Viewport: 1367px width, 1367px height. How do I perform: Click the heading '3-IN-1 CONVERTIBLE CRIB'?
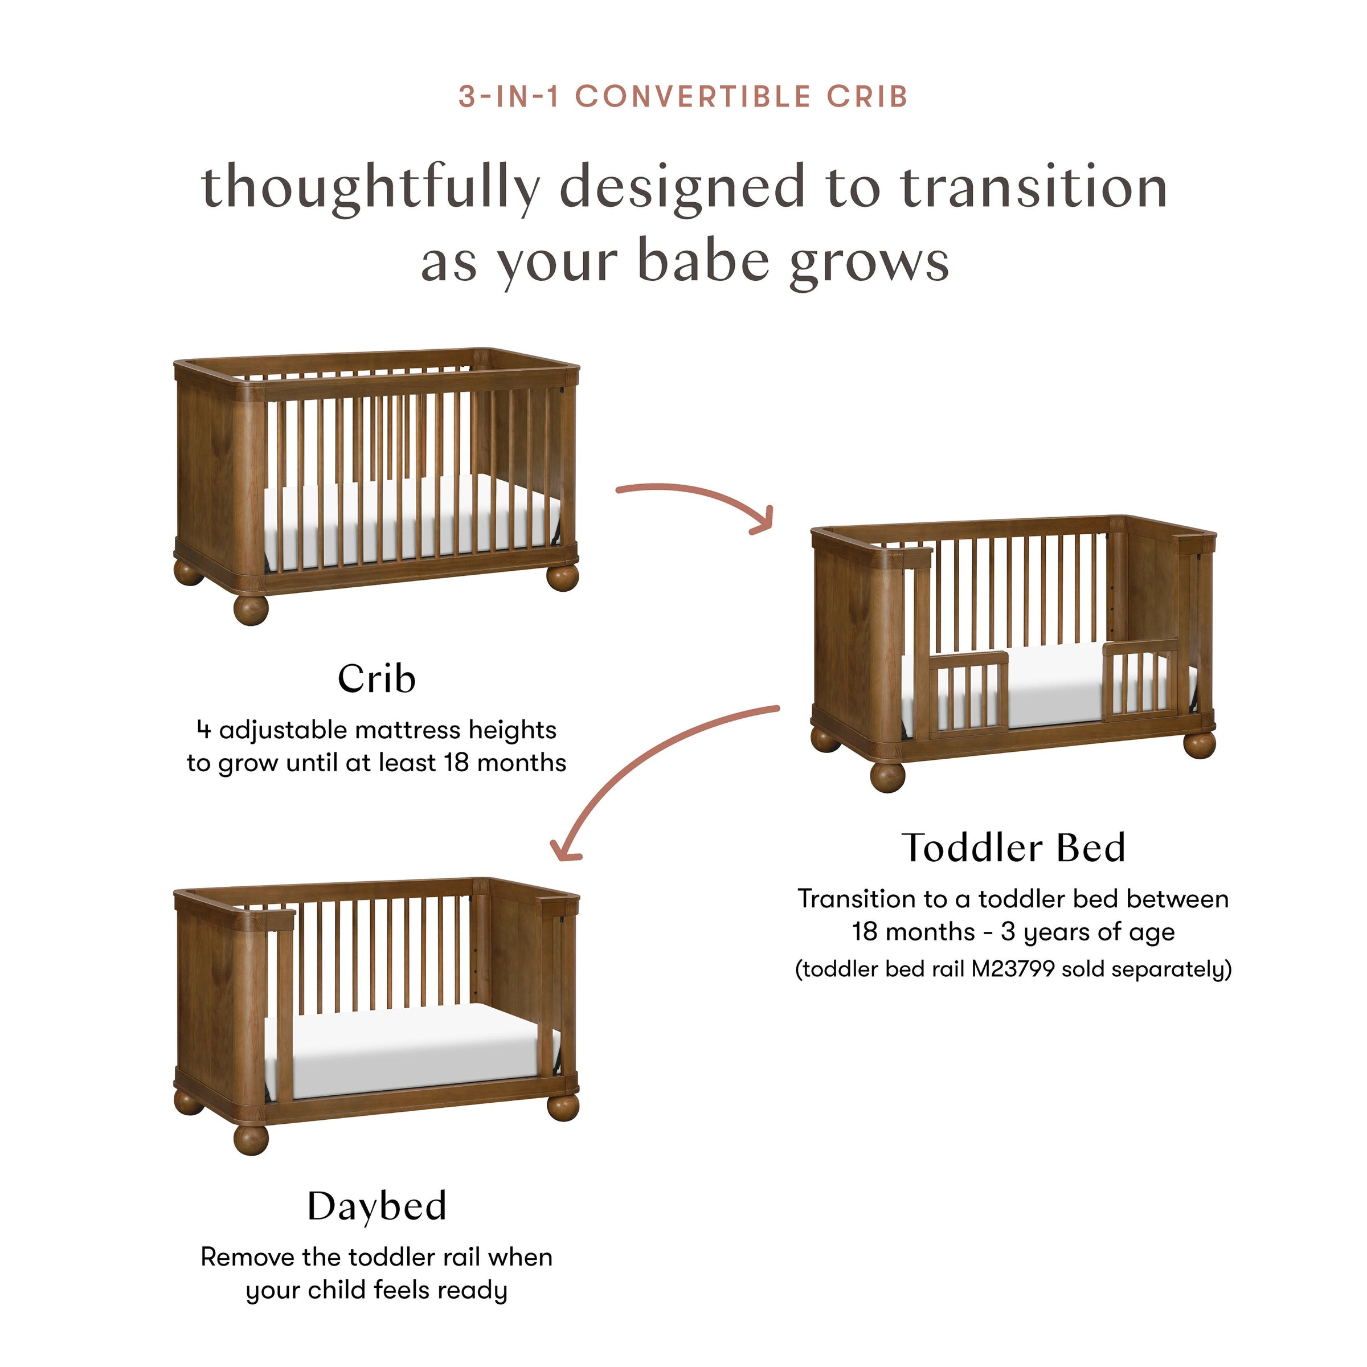[x=683, y=97]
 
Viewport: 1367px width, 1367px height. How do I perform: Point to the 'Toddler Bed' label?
[x=1013, y=848]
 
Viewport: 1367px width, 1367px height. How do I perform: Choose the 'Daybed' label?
[x=376, y=1206]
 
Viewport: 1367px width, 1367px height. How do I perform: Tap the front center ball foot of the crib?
[x=251, y=609]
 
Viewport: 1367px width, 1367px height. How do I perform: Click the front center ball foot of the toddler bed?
[x=888, y=775]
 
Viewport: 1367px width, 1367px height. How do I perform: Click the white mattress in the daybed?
[x=410, y=1047]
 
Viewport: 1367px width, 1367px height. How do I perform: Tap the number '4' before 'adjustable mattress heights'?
[x=204, y=730]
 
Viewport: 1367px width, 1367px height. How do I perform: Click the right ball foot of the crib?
[x=563, y=576]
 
